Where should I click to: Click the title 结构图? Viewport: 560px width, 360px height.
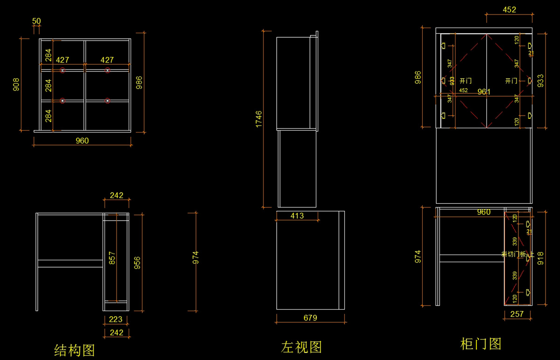75,350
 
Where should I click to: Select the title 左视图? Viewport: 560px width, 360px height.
301,347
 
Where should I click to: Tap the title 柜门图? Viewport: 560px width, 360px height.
481,344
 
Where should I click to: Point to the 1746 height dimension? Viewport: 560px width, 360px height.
259,119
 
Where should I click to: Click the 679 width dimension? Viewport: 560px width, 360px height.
310,318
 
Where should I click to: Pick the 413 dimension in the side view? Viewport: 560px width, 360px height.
297,215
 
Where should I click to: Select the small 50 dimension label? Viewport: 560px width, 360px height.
36,21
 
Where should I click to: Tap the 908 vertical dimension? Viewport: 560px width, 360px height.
16,84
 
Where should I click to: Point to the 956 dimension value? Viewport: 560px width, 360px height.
137,263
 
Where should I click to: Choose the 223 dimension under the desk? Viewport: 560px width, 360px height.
116,319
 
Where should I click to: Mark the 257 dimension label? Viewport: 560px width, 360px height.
517,314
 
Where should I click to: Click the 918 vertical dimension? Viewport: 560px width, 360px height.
540,258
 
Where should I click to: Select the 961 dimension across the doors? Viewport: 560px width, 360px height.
484,92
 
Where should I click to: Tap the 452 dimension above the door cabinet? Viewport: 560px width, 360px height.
509,9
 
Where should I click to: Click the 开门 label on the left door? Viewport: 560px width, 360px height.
465,81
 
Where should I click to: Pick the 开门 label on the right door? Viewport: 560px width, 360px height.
511,81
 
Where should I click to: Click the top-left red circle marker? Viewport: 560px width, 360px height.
63,70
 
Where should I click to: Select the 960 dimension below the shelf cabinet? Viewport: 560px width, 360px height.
82,141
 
